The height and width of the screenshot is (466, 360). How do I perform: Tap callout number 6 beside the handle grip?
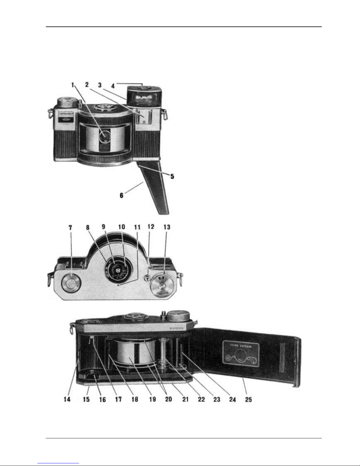point(121,195)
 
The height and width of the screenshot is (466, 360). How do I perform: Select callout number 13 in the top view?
point(167,227)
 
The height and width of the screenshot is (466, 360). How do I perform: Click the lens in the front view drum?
point(105,136)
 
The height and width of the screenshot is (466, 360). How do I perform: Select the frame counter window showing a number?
point(161,276)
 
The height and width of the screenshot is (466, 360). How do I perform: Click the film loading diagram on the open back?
point(241,354)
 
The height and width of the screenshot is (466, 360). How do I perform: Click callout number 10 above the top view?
point(121,227)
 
